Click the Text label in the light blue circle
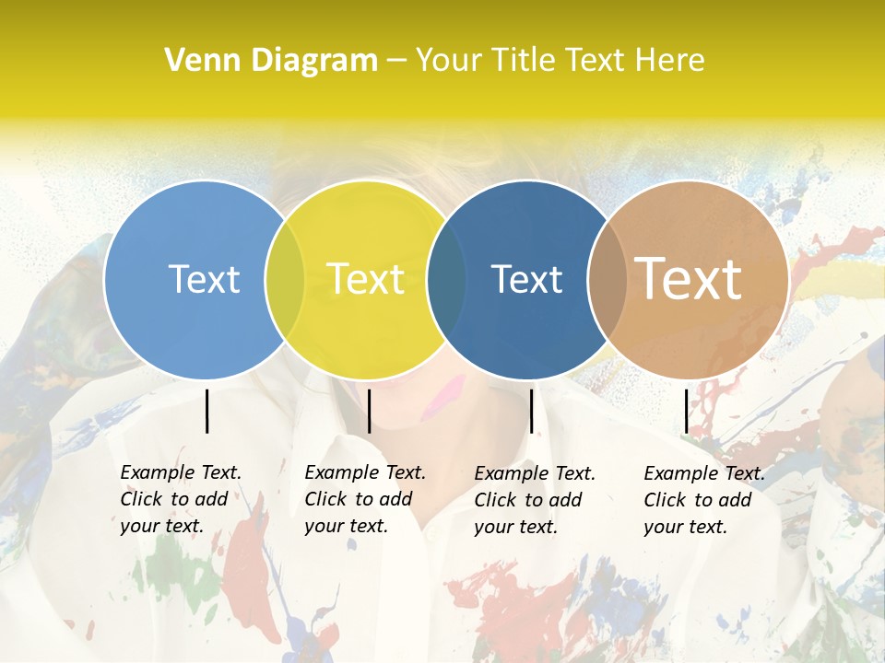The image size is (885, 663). (204, 279)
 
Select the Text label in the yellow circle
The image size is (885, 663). (366, 279)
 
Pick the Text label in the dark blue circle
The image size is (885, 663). (527, 279)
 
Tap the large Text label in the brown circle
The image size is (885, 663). (689, 278)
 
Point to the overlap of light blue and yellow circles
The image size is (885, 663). (285, 279)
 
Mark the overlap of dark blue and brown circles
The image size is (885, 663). (608, 279)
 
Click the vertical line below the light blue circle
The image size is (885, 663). (206, 411)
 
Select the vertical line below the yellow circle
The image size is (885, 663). (369, 411)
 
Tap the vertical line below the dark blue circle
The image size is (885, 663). (531, 411)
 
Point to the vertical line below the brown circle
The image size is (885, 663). (686, 411)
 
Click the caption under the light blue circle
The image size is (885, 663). (180, 499)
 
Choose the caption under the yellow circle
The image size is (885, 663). (364, 499)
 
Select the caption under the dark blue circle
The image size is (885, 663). (534, 500)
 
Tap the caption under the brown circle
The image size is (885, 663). (703, 500)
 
